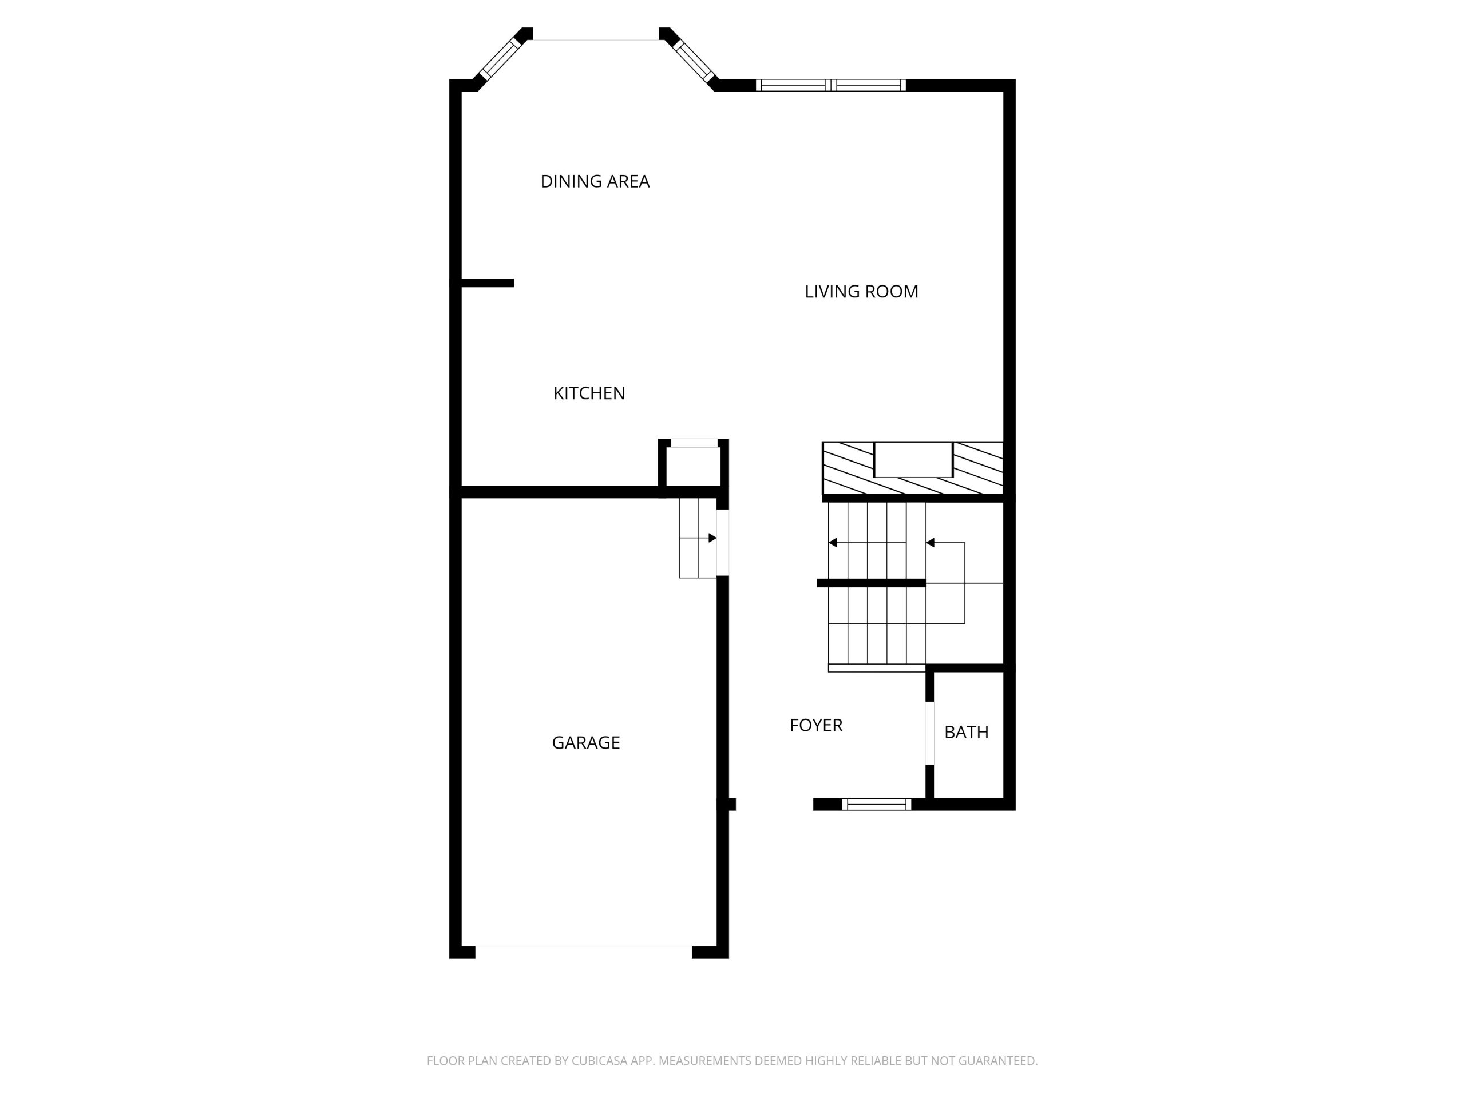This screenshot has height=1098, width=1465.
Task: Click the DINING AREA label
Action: coord(595,181)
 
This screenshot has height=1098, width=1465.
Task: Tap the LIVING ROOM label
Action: coord(861,291)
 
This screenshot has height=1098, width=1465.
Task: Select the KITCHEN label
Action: coord(589,393)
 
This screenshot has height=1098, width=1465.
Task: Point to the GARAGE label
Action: coord(585,743)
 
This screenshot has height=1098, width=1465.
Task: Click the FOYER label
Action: coord(816,725)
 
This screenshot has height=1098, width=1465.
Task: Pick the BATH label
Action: coord(967,732)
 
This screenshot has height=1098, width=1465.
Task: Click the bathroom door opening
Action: coord(929,733)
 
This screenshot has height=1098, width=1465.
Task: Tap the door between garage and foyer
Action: coord(723,543)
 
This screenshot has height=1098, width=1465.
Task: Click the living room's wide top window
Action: coord(830,85)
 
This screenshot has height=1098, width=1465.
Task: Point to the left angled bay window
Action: coord(500,59)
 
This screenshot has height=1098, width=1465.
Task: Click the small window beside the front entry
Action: coord(876,804)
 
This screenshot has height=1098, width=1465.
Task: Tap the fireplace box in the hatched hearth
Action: coord(913,459)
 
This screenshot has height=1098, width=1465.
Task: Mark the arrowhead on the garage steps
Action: coord(712,538)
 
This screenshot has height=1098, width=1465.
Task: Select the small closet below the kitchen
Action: coord(694,467)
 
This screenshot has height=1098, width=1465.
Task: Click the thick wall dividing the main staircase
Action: coord(871,583)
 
